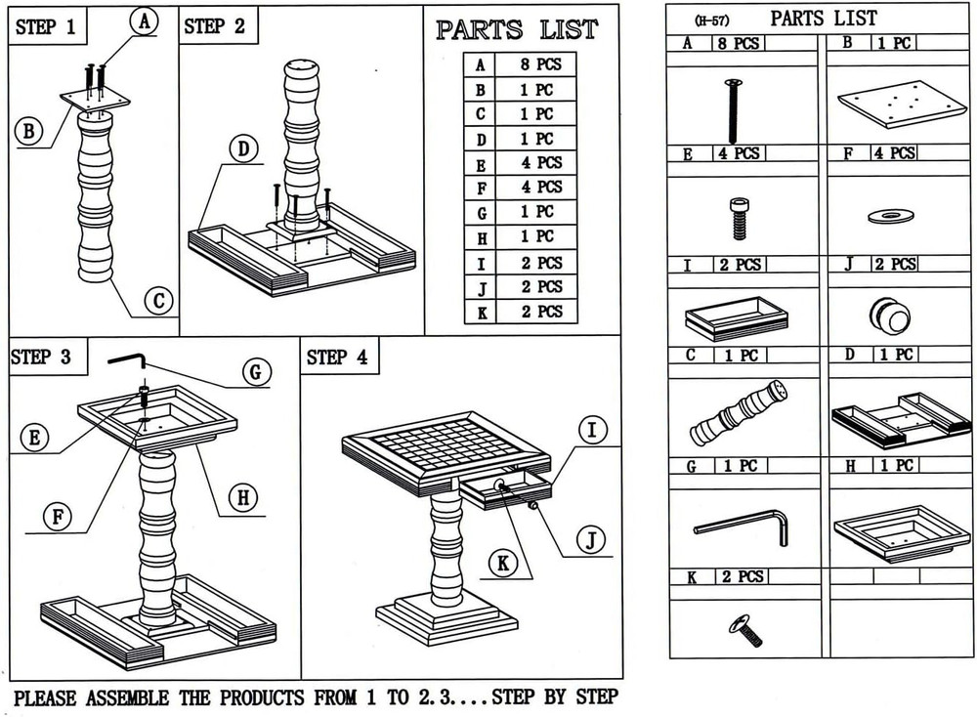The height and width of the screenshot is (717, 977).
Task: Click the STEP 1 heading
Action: click(45, 27)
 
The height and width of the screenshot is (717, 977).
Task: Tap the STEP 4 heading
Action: click(337, 358)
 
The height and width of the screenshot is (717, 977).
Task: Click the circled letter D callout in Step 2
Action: click(242, 149)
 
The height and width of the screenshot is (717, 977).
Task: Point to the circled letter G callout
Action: click(255, 371)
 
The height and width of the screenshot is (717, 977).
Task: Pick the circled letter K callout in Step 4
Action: click(502, 563)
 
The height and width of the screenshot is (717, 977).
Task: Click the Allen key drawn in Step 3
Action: click(128, 360)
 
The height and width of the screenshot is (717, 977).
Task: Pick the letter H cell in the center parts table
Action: click(480, 237)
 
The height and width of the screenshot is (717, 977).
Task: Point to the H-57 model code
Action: click(711, 20)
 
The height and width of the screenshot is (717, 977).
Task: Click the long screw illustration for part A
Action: click(730, 111)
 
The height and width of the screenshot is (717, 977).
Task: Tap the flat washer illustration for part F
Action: click(888, 216)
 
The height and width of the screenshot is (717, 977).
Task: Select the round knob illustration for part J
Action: click(888, 316)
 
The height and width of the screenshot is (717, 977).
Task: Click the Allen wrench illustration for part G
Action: click(743, 526)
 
